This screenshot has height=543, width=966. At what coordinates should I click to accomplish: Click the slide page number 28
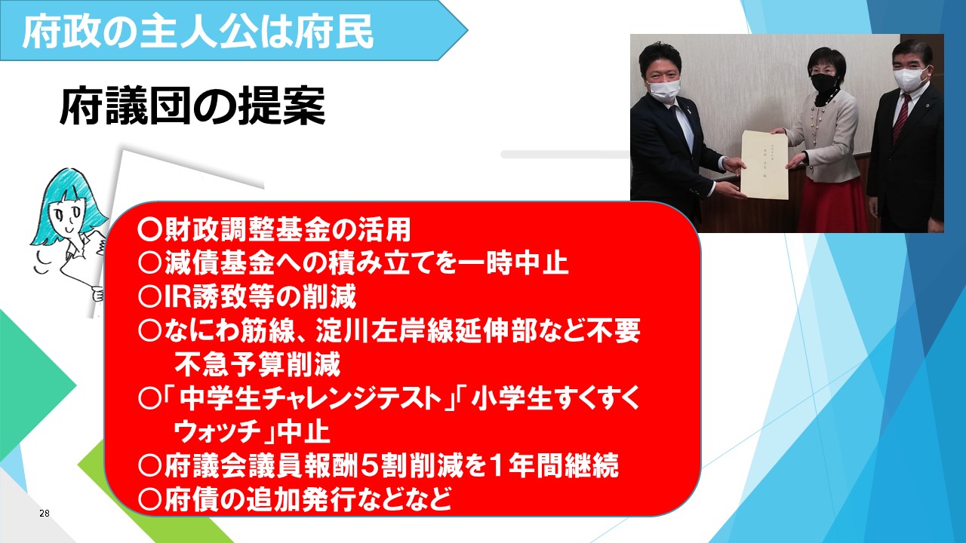44,513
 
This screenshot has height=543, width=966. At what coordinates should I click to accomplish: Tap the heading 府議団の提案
192,106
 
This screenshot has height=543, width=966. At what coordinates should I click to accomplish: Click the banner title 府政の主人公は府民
198,32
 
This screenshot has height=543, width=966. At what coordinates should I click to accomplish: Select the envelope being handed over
764,164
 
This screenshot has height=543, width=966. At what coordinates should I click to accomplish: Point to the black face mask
823,81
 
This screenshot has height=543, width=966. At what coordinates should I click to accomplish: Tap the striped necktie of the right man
901,116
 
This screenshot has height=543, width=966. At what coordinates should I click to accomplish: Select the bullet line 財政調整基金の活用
274,230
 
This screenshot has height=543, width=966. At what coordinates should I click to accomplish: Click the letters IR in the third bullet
177,296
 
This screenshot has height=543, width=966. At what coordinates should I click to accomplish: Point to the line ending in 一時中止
352,263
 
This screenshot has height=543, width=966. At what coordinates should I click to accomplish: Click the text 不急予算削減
257,364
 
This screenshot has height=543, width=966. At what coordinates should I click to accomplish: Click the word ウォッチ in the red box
218,432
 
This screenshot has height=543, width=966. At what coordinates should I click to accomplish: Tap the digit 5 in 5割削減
369,465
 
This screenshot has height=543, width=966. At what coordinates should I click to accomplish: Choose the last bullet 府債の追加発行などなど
294,499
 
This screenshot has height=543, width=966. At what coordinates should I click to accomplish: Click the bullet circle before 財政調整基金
149,230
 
